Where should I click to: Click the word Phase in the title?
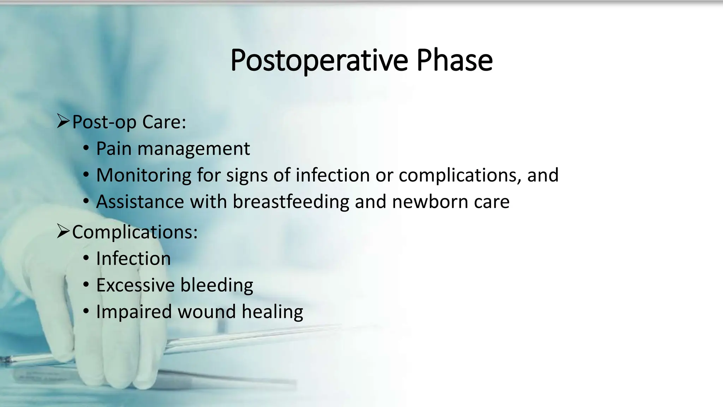coord(454,61)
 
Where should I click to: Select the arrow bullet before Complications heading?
coord(63,231)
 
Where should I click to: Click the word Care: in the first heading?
coord(164,122)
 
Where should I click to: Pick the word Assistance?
coord(140,202)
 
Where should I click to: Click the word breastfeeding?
coord(291,202)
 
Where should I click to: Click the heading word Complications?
coord(135,232)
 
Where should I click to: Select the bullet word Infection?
coord(133,259)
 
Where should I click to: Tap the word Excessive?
coord(135,285)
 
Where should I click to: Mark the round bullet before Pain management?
coord(86,148)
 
